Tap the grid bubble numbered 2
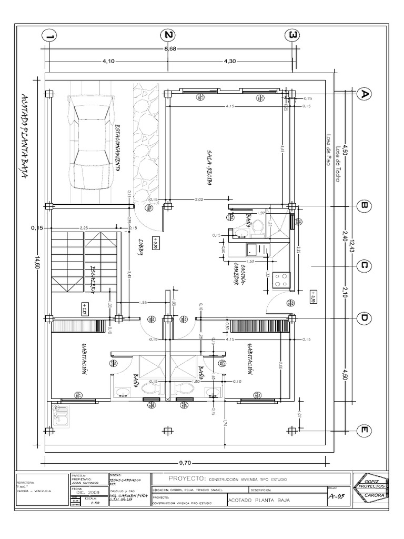(168, 35)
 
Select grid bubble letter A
(363, 94)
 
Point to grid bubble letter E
(363, 431)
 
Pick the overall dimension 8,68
(170, 49)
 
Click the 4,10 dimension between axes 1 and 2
(108, 61)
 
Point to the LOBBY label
(141, 246)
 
